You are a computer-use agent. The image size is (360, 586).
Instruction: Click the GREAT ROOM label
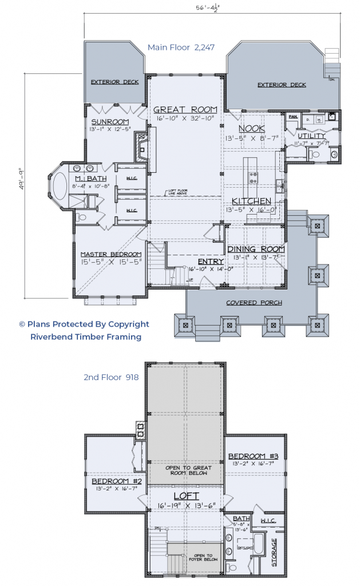[185, 109]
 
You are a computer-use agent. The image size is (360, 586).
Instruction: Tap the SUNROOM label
[110, 122]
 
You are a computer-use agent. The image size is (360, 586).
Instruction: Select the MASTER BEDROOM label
[110, 254]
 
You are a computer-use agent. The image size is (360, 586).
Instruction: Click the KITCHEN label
[251, 201]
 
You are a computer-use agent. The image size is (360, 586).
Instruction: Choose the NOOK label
[252, 128]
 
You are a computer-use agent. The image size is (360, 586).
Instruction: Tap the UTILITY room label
[311, 136]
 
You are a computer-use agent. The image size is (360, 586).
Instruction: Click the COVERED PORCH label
[249, 302]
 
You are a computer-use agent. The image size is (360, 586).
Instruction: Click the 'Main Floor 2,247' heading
[181, 47]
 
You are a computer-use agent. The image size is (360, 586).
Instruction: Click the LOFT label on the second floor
[185, 496]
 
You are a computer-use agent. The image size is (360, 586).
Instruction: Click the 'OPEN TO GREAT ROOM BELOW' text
[185, 471]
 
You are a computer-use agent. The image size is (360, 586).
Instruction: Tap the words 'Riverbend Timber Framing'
[86, 337]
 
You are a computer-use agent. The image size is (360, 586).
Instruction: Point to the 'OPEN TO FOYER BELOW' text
[204, 559]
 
